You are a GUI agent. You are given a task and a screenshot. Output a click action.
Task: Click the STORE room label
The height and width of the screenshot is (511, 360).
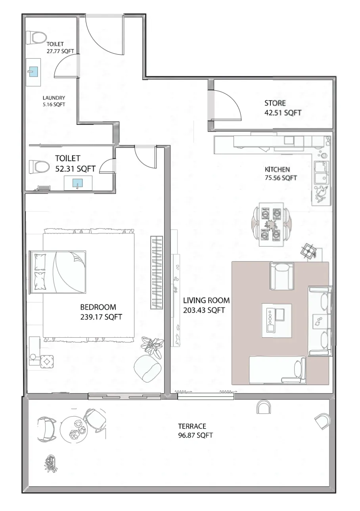pyautogui.click(x=275, y=103)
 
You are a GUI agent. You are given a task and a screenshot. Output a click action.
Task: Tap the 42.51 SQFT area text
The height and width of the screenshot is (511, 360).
pyautogui.click(x=283, y=113)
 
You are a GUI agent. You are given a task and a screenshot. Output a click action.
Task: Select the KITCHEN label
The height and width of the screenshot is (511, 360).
pyautogui.click(x=277, y=169)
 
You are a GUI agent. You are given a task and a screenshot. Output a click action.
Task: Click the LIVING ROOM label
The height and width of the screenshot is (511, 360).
pyautogui.click(x=206, y=300)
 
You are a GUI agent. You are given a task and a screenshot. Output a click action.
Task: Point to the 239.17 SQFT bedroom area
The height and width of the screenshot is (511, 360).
pyautogui.click(x=101, y=317)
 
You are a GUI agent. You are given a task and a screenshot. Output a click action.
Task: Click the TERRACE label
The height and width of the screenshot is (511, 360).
pyautogui.click(x=192, y=426)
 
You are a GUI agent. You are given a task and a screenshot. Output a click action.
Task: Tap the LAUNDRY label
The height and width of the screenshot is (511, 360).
pyautogui.click(x=54, y=98)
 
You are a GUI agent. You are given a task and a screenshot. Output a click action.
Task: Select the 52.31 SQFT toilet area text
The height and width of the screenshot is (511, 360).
pyautogui.click(x=75, y=168)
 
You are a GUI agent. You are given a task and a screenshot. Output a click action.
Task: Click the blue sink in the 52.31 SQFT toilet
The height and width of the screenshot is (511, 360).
pyautogui.click(x=77, y=183)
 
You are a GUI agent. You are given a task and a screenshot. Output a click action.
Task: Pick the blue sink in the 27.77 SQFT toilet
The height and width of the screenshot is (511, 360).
pyautogui.click(x=34, y=72)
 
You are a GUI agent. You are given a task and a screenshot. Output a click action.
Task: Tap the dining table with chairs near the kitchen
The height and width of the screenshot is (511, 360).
pyautogui.click(x=272, y=224)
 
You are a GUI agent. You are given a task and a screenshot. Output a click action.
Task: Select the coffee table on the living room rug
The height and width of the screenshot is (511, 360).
pyautogui.click(x=276, y=320)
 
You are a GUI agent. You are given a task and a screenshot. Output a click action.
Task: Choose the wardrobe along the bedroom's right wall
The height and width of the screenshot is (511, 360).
pyautogui.click(x=157, y=273)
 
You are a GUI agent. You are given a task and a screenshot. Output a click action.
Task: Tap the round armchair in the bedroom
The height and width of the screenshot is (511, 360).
pyautogui.click(x=147, y=367)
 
